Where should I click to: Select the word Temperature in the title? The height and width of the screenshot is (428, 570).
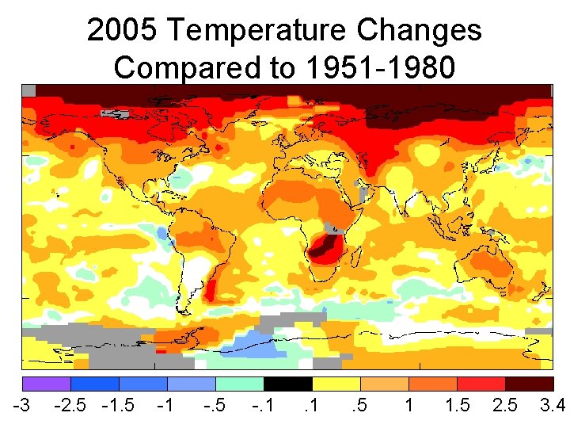(x=254, y=31)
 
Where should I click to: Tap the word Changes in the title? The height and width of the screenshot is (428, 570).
(x=419, y=31)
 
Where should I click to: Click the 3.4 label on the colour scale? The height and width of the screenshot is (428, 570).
(x=552, y=406)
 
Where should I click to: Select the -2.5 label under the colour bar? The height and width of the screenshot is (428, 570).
(x=70, y=406)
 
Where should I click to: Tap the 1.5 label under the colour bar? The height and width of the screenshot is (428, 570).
(x=458, y=406)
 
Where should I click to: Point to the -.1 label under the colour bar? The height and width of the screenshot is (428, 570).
(x=262, y=406)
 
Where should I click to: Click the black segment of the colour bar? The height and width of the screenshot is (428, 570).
(x=287, y=384)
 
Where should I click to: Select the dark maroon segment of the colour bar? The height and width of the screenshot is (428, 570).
(x=529, y=384)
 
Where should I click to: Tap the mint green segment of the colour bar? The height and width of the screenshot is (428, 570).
(x=239, y=384)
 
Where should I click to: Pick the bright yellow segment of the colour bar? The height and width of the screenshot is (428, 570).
(x=336, y=384)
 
